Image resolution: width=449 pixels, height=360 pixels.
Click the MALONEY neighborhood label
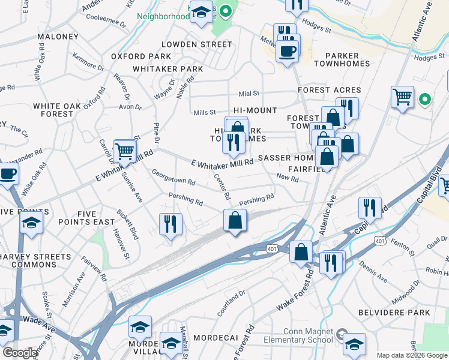[58, 37]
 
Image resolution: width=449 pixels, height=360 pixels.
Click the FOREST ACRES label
[330, 90]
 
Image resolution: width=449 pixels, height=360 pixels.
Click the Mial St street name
[249, 94]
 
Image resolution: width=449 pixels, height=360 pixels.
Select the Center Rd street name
[223, 187]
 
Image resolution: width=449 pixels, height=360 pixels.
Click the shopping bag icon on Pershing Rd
[235, 220]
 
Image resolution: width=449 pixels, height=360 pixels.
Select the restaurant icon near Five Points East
[171, 224]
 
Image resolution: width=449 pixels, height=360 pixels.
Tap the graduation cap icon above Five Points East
[31, 221]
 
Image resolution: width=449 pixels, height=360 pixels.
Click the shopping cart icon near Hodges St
[402, 96]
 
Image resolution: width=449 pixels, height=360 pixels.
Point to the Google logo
[20, 353]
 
